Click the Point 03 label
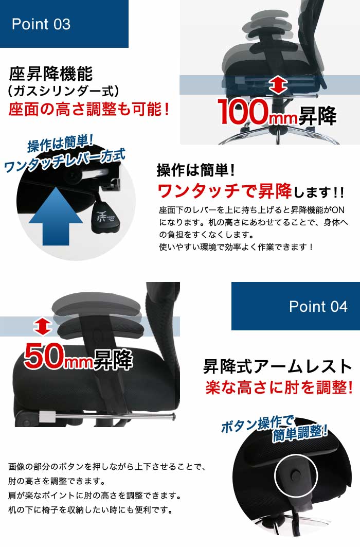[41, 24]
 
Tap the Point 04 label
[318, 307]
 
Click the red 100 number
[243, 112]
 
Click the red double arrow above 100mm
[278, 86]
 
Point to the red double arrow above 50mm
[43, 326]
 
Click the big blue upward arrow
[56, 216]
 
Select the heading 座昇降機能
[51, 74]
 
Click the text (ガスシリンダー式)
[63, 92]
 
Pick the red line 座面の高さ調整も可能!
[89, 109]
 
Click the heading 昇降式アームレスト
[278, 367]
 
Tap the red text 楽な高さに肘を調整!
[279, 387]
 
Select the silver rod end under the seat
[173, 416]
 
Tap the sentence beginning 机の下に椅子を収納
[91, 510]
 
